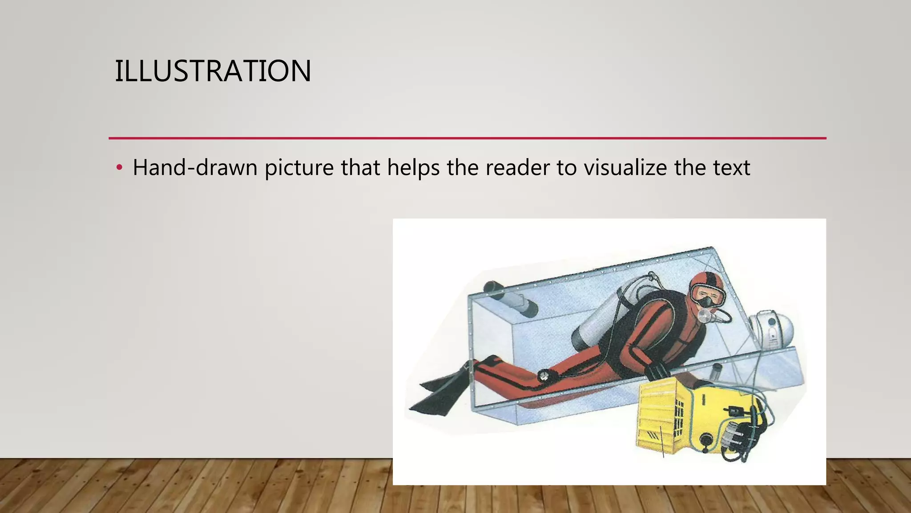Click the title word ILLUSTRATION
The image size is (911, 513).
(x=213, y=71)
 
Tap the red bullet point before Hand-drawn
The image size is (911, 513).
(x=119, y=168)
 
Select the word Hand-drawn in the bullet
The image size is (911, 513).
(x=195, y=168)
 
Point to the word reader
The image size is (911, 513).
(x=517, y=168)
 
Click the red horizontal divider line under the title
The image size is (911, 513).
(x=467, y=138)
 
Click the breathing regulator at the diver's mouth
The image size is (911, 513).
(x=705, y=315)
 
